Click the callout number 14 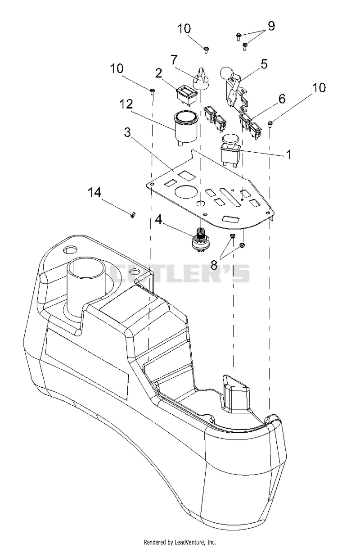(x=94, y=193)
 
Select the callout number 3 (x=127, y=132)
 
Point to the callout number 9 (x=271, y=26)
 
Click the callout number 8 (x=214, y=264)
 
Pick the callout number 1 (x=289, y=154)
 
